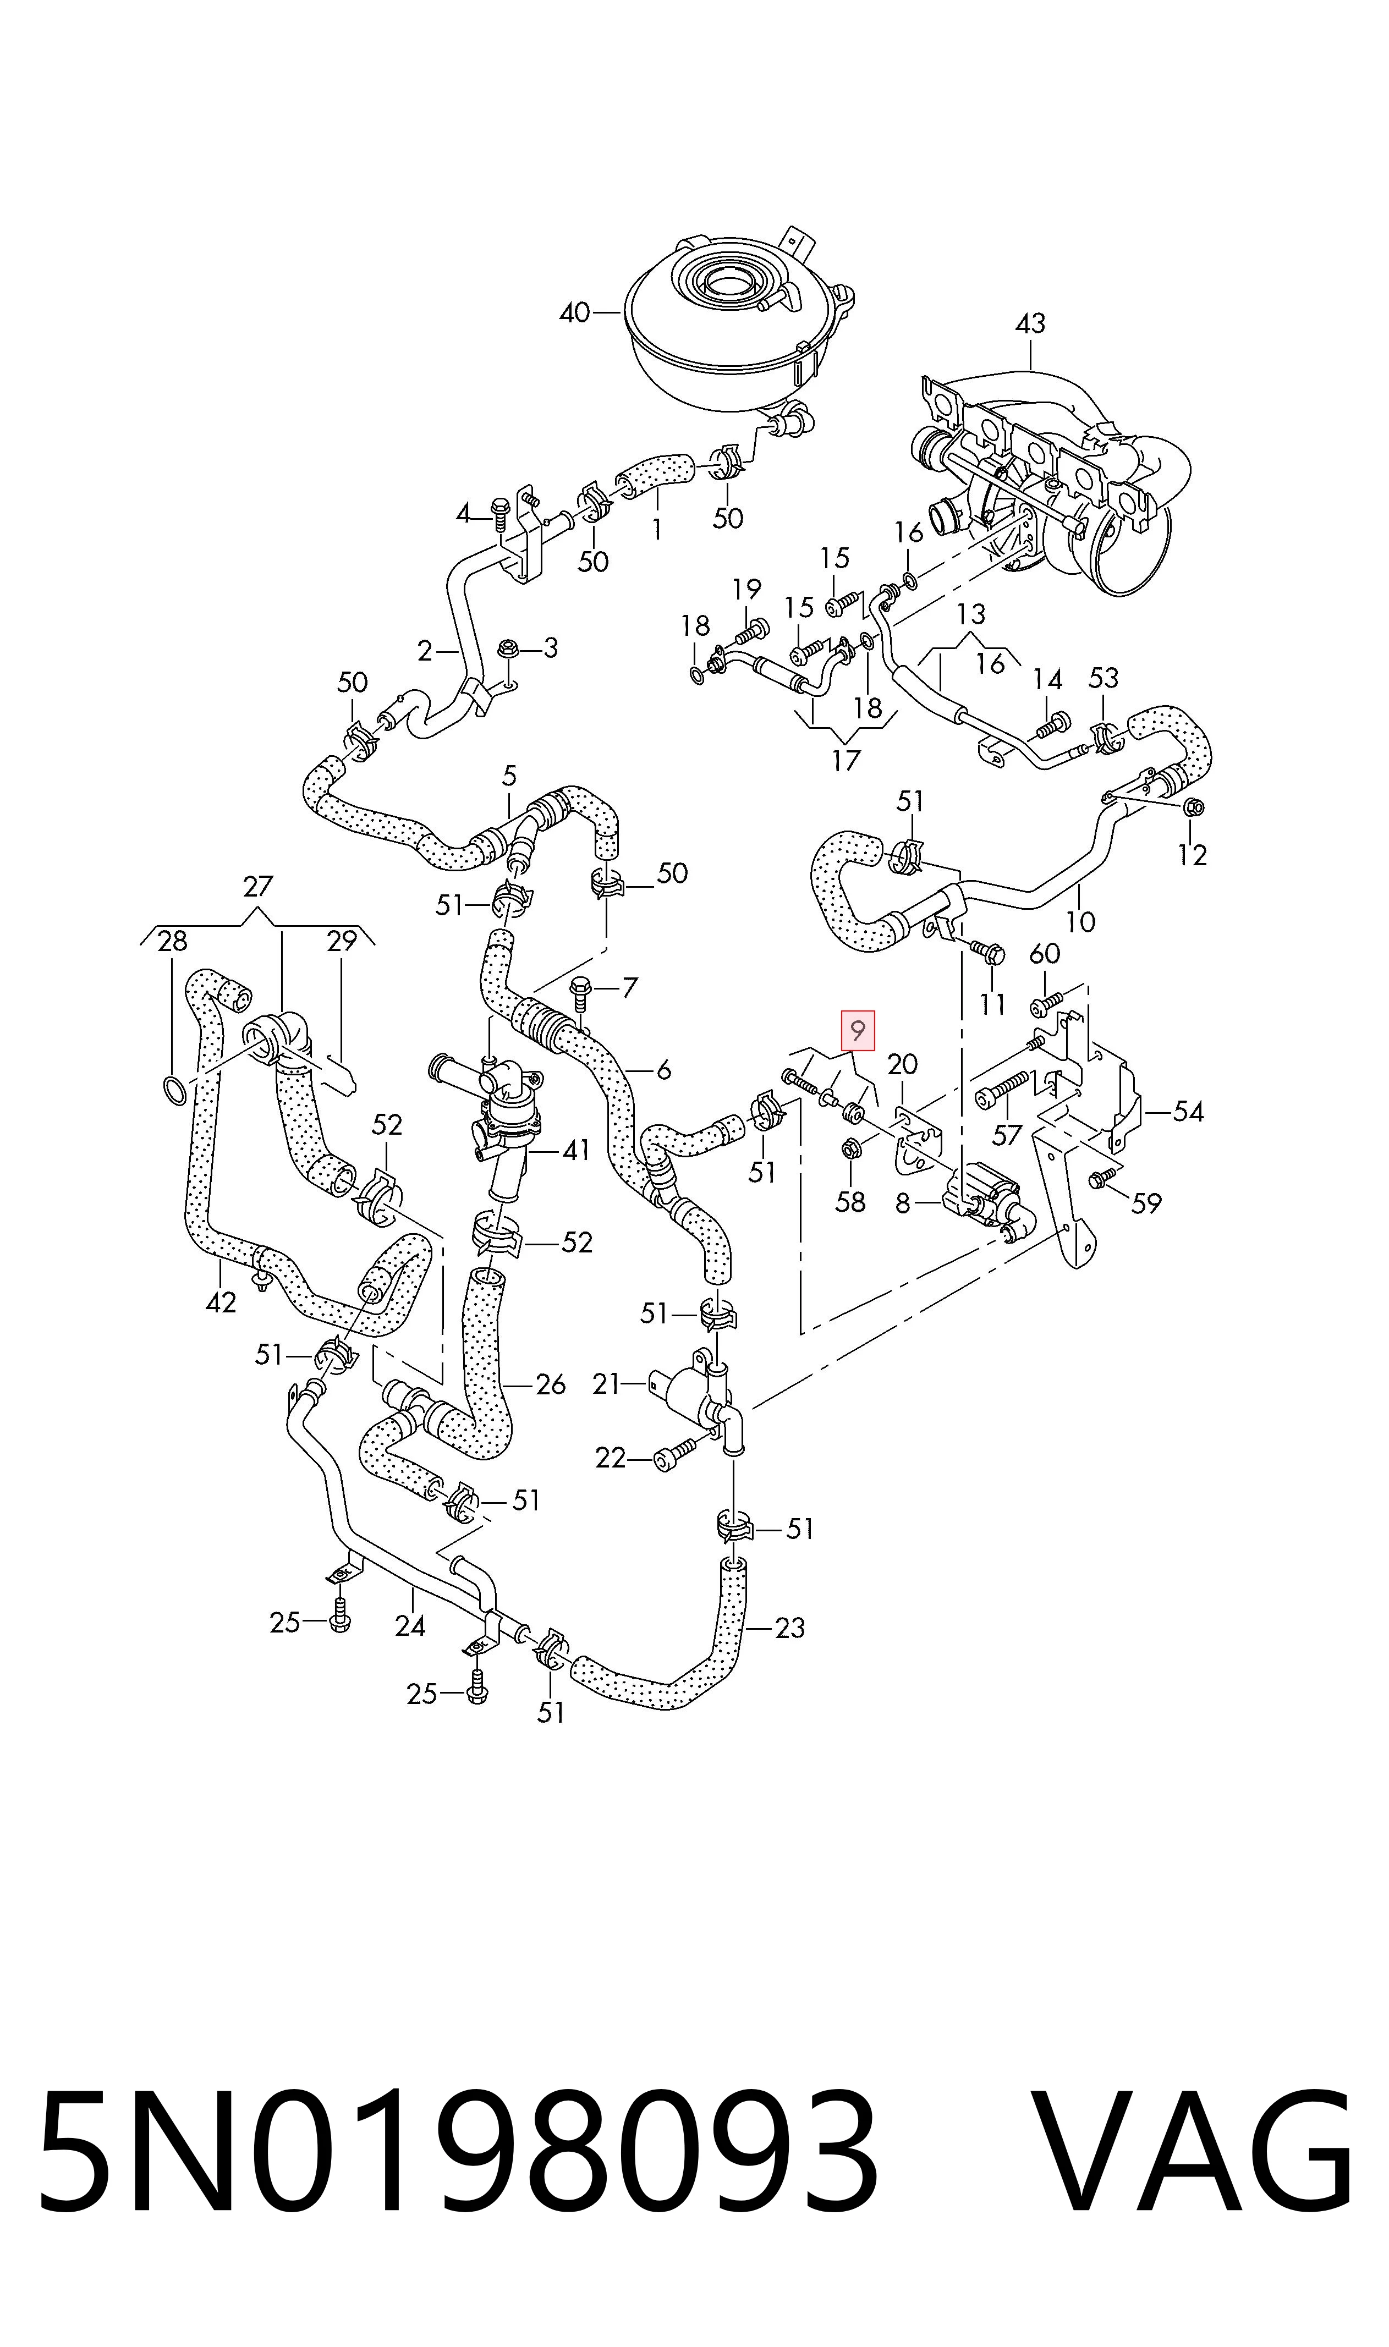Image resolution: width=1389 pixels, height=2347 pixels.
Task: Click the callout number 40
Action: (575, 312)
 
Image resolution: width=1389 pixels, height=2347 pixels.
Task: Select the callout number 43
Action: (1030, 324)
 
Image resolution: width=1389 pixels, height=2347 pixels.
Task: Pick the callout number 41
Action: (575, 1150)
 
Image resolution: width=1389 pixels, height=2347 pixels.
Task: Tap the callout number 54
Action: (1188, 1112)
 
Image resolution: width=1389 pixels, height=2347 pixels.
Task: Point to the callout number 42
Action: (221, 1302)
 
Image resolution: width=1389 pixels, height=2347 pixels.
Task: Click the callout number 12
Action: (1192, 854)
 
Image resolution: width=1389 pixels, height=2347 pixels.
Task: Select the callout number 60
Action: (1045, 954)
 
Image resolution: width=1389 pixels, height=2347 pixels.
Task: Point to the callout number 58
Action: (850, 1202)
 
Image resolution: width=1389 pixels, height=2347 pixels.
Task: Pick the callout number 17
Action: (845, 761)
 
